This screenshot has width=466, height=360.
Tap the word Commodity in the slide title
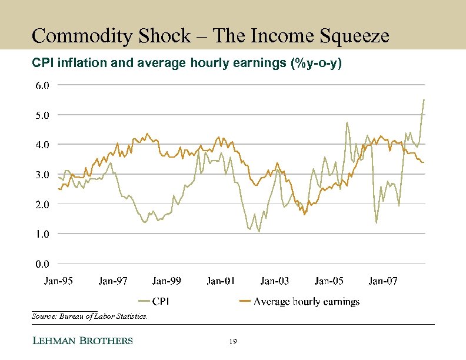(77, 36)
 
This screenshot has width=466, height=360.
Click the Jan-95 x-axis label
(59, 281)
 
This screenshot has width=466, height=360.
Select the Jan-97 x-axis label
(113, 281)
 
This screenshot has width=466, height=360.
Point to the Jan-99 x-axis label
(167, 281)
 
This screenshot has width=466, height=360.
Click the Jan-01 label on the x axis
(221, 281)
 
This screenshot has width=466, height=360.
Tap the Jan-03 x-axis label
(275, 281)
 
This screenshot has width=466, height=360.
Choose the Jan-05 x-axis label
(329, 281)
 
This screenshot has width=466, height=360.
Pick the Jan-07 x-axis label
(383, 281)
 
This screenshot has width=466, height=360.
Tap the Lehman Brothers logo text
(82, 341)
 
